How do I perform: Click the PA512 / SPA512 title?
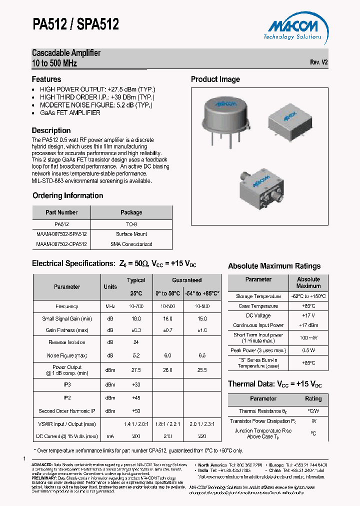click(75, 23)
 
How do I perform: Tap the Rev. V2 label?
click(318, 62)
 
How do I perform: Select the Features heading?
click(46, 79)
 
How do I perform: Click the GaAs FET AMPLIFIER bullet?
click(70, 113)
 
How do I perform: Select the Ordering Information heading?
click(68, 195)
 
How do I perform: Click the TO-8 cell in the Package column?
click(131, 224)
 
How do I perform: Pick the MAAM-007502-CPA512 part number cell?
click(61, 244)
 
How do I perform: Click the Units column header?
click(110, 287)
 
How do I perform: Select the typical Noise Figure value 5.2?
click(136, 355)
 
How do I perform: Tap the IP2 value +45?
click(136, 398)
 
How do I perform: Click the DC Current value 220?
click(202, 436)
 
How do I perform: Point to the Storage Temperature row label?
click(258, 296)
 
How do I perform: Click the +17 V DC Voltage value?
click(308, 316)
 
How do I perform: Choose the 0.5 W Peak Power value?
click(308, 350)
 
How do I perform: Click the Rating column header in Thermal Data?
click(313, 399)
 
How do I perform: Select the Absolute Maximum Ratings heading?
click(274, 266)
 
